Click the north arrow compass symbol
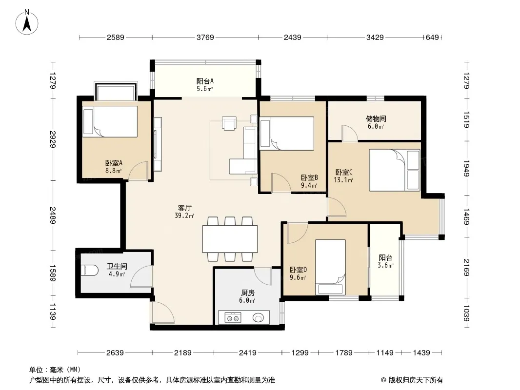click(x=27, y=22)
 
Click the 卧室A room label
click(x=114, y=163)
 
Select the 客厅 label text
click(x=184, y=208)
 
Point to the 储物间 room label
click(x=376, y=118)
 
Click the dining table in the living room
click(x=230, y=239)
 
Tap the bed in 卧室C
click(x=394, y=170)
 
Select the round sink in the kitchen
click(x=259, y=318)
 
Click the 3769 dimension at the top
click(x=205, y=38)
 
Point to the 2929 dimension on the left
click(x=53, y=139)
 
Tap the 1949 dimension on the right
click(x=466, y=169)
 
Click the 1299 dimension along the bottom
click(x=300, y=352)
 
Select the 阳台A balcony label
click(x=205, y=81)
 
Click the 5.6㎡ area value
click(x=204, y=89)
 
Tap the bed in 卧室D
click(x=330, y=267)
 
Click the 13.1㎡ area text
click(x=343, y=180)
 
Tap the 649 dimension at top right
click(x=432, y=38)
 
